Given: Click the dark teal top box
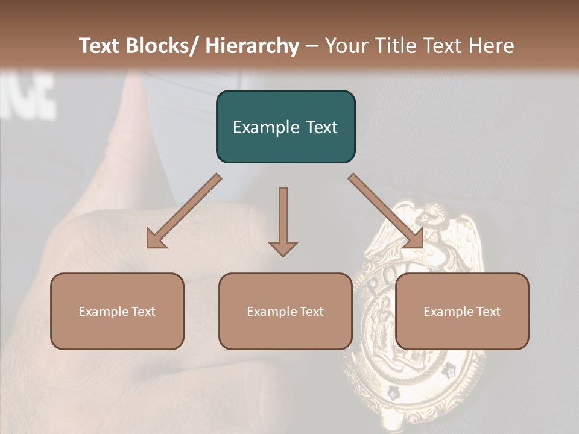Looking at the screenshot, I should [285, 127].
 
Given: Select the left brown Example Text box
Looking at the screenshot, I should [117, 311].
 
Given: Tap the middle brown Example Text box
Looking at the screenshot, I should [285, 311].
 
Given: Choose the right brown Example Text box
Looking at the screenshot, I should [462, 311].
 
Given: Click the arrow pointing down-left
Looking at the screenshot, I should [183, 212].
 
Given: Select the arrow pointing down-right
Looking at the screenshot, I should [386, 212].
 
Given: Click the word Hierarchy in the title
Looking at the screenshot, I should [252, 46].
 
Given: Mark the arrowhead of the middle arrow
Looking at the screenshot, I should [283, 248].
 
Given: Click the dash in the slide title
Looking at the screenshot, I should [312, 46].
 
